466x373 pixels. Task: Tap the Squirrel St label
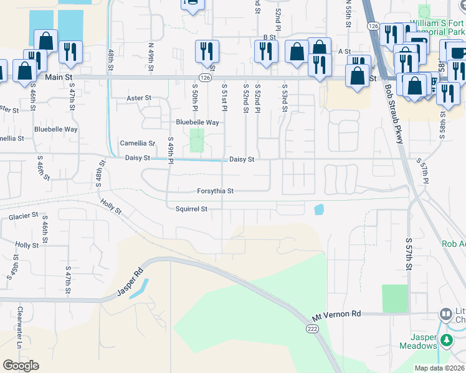(191, 210)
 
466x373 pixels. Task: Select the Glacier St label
(24, 217)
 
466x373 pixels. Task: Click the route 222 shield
(313, 327)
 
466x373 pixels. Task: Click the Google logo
(21, 365)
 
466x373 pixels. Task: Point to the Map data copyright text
(440, 368)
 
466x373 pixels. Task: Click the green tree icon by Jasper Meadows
(446, 340)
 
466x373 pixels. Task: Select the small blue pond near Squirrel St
(319, 210)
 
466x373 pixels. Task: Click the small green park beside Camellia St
(197, 140)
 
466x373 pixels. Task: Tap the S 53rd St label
(285, 98)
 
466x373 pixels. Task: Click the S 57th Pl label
(424, 173)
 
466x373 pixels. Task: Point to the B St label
(269, 37)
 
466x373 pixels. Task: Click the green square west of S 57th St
(394, 298)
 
